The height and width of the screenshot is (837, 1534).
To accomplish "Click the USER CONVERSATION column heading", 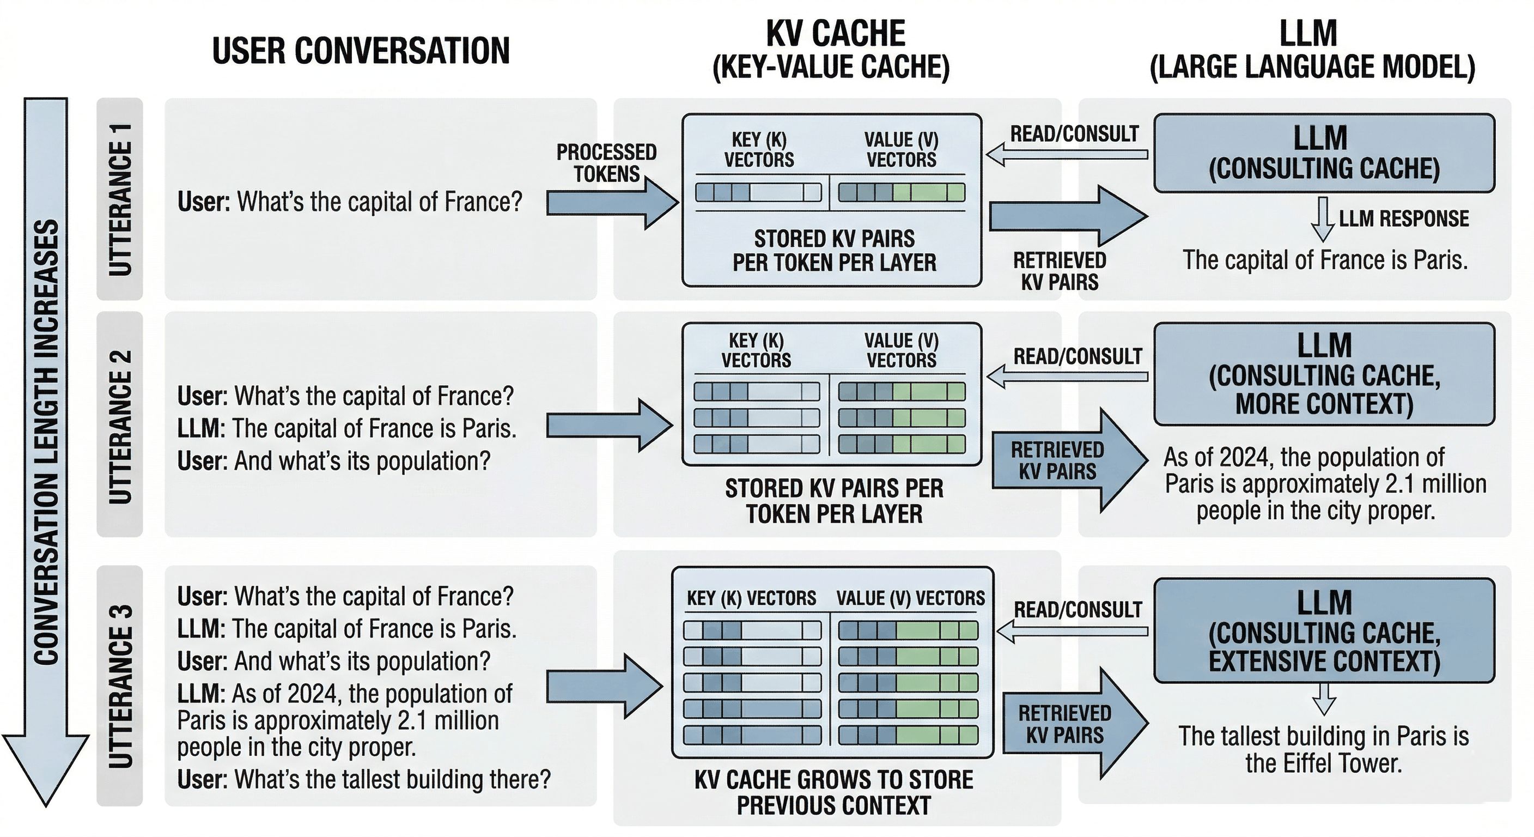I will [360, 50].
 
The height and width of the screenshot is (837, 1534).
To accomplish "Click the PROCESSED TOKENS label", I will [606, 162].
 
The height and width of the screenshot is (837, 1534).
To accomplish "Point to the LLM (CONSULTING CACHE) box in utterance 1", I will [1324, 153].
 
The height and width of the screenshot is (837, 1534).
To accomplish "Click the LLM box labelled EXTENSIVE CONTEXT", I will [1324, 630].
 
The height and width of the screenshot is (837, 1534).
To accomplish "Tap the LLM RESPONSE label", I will [1404, 219].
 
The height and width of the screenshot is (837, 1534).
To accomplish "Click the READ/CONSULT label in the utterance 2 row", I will [1078, 356].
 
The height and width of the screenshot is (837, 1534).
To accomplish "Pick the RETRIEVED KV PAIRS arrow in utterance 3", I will [1072, 724].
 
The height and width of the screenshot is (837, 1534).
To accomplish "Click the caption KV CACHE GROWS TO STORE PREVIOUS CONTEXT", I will [833, 792].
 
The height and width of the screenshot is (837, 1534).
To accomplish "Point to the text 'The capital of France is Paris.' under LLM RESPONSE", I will [1324, 260].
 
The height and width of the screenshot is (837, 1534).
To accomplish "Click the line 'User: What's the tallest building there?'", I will [364, 779].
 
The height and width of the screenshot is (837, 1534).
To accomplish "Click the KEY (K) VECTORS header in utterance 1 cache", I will [759, 149].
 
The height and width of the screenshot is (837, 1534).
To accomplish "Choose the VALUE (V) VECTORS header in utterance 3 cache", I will [910, 598].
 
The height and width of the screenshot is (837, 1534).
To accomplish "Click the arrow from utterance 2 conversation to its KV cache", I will [607, 426].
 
